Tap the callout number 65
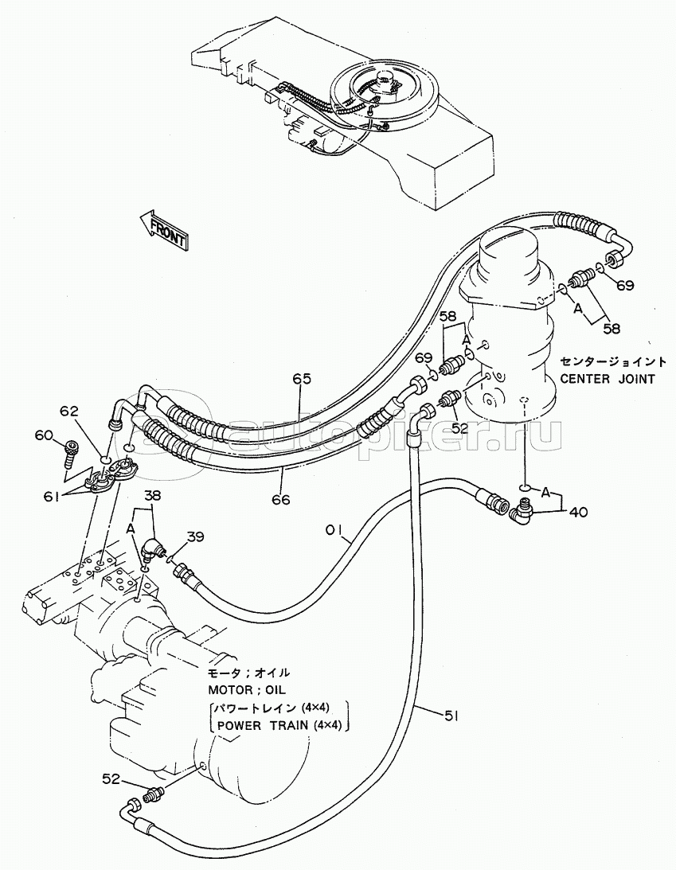coord(300,379)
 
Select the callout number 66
coord(279,500)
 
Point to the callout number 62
coord(69,412)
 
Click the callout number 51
coord(451,717)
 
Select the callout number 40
coord(579,513)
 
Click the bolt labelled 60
coord(71,454)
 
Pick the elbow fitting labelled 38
coord(151,548)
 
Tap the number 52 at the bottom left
coord(111,779)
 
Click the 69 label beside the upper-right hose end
coord(625,285)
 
